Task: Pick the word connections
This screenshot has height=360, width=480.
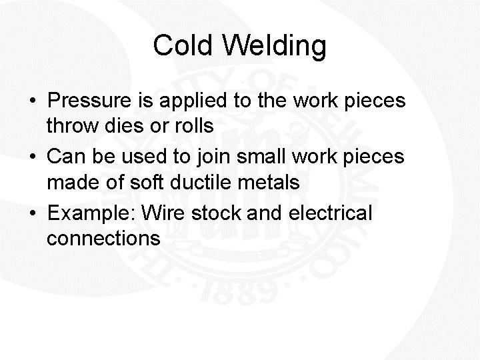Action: tap(103, 238)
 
